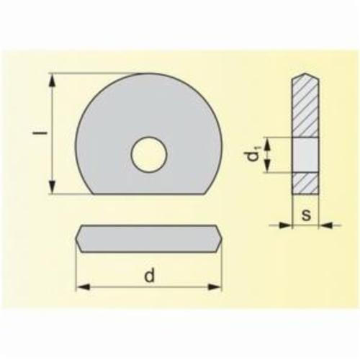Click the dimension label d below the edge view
point(149,275)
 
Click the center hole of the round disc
point(149,153)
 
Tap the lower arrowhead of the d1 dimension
point(267,169)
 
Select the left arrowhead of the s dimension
point(287,225)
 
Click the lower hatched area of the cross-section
point(305,183)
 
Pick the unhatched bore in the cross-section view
point(305,156)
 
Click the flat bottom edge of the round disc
point(149,194)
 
